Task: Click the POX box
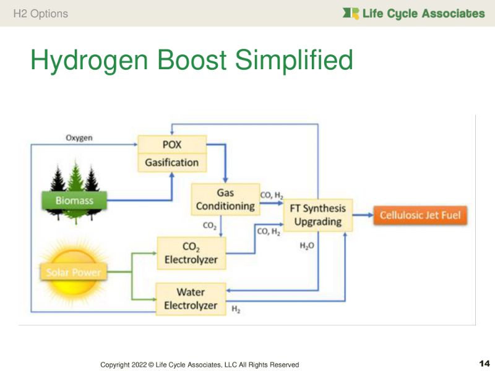pyautogui.click(x=171, y=145)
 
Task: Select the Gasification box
pyautogui.click(x=171, y=163)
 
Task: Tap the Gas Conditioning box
pyautogui.click(x=225, y=198)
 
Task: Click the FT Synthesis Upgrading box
pyautogui.click(x=319, y=215)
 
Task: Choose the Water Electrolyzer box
pyautogui.click(x=191, y=299)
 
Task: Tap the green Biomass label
pyautogui.click(x=74, y=200)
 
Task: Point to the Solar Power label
pyautogui.click(x=73, y=272)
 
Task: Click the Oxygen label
pyautogui.click(x=79, y=138)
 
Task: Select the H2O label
pyautogui.click(x=308, y=245)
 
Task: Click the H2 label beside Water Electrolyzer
pyautogui.click(x=236, y=308)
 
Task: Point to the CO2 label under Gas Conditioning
pyautogui.click(x=210, y=226)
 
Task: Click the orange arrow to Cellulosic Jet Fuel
pyautogui.click(x=361, y=216)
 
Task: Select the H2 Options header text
pyautogui.click(x=40, y=13)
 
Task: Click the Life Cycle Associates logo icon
pyautogui.click(x=351, y=13)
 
